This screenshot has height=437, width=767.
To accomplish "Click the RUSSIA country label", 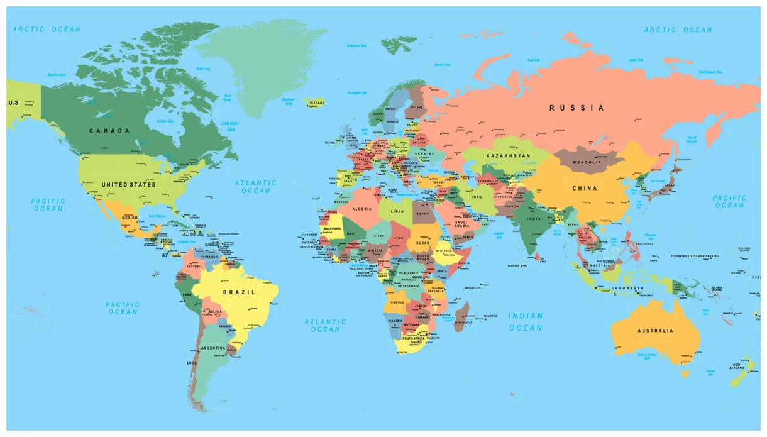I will [x=577, y=108].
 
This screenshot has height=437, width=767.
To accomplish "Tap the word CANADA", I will [x=109, y=131].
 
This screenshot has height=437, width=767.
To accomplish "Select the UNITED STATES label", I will [x=128, y=185].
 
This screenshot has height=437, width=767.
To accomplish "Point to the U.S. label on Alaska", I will [x=14, y=102].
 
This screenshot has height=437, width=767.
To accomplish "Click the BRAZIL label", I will [x=240, y=292].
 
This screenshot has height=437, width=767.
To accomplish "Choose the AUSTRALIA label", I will [x=655, y=331].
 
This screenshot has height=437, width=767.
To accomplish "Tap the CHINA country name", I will [x=585, y=189].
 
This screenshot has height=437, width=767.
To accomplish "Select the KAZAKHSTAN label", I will [x=509, y=155].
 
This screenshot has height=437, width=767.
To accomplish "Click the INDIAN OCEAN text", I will [x=526, y=322].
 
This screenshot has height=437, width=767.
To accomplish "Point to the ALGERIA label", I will [x=361, y=209].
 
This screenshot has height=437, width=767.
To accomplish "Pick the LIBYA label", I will [x=397, y=211].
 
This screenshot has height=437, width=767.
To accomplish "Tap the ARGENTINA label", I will [x=213, y=348].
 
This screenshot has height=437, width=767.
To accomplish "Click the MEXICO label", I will [x=130, y=218].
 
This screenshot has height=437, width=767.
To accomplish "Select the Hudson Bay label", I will [x=165, y=121].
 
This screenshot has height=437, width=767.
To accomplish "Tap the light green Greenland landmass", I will [x=264, y=63].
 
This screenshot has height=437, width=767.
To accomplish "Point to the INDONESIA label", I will [x=629, y=289].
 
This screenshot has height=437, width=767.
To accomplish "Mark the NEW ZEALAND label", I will [x=737, y=368].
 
